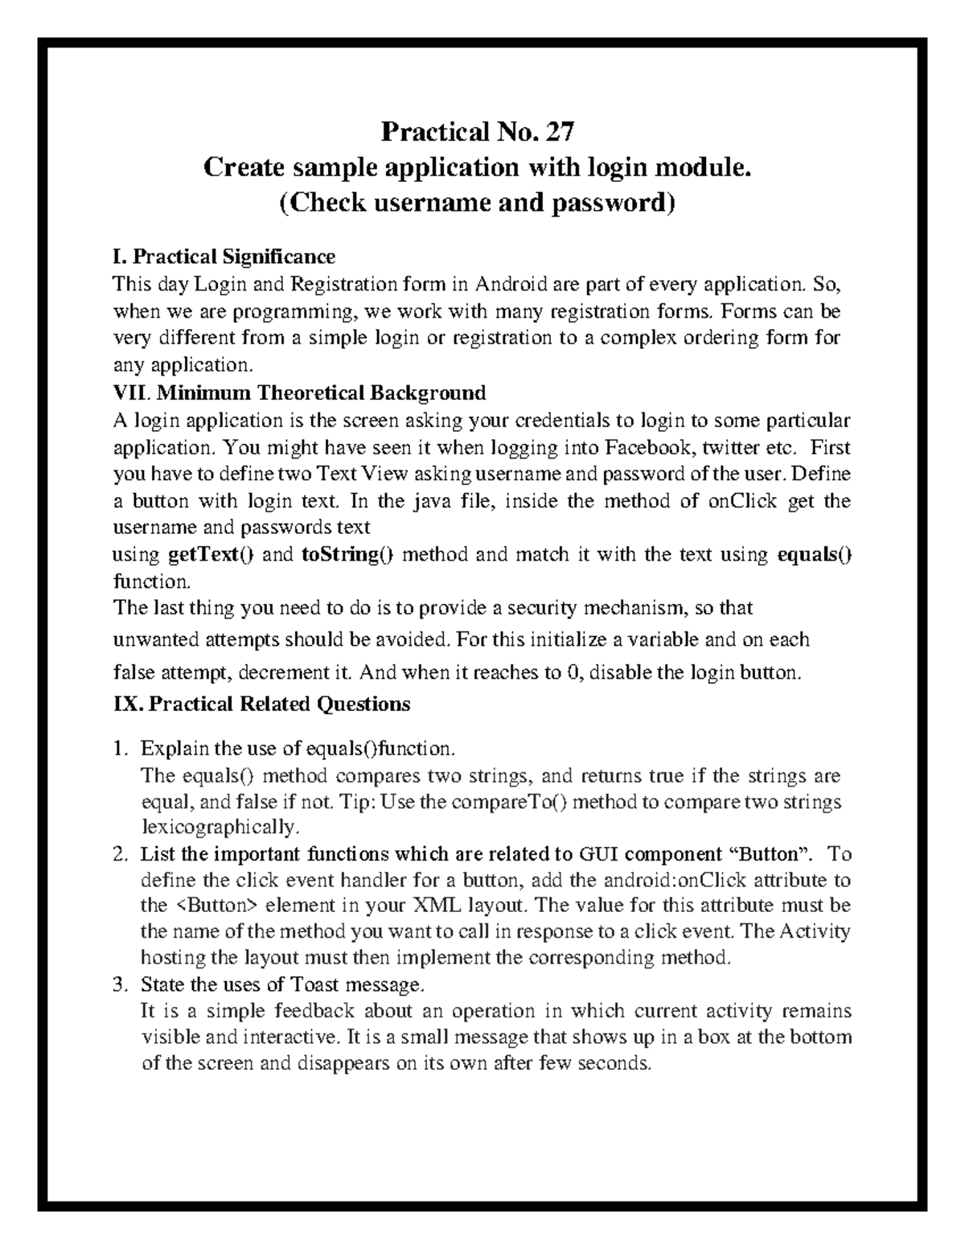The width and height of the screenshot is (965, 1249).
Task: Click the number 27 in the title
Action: click(x=560, y=130)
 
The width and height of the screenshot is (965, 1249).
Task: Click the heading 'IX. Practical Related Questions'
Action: click(x=262, y=705)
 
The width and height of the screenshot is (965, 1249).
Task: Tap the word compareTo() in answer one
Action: click(x=507, y=802)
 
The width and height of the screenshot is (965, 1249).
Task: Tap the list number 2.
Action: click(x=120, y=853)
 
